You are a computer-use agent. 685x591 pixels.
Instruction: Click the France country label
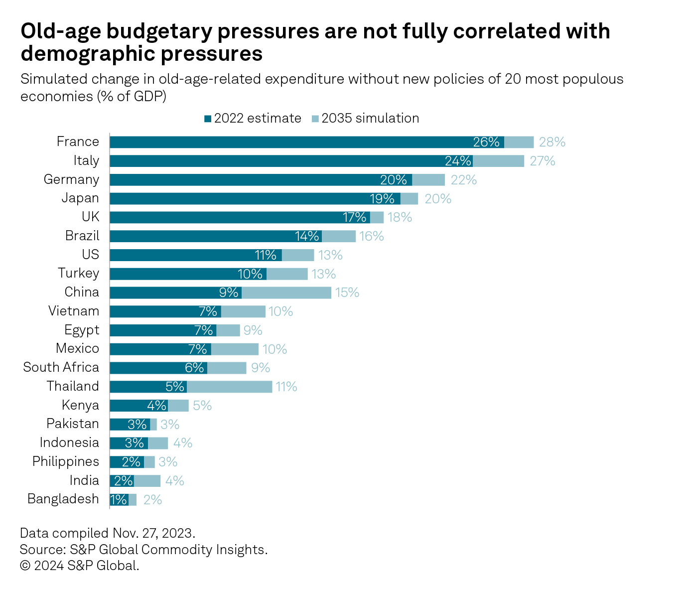pyautogui.click(x=78, y=142)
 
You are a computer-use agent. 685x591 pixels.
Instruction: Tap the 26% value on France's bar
pyautogui.click(x=486, y=142)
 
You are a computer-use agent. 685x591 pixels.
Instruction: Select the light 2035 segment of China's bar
pyautogui.click(x=286, y=293)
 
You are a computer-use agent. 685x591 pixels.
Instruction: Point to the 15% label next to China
pyautogui.click(x=347, y=293)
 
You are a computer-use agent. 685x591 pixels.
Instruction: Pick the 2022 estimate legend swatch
pyautogui.click(x=208, y=119)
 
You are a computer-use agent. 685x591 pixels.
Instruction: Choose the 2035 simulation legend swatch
pyautogui.click(x=315, y=119)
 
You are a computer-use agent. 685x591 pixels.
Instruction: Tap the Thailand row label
pyautogui.click(x=73, y=386)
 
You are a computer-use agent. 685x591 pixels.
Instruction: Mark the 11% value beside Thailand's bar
pyautogui.click(x=286, y=387)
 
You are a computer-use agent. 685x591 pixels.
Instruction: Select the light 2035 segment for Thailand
pyautogui.click(x=229, y=387)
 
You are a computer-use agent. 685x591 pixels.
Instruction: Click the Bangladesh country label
pyautogui.click(x=63, y=499)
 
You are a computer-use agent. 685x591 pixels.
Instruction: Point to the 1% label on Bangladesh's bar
pyautogui.click(x=119, y=499)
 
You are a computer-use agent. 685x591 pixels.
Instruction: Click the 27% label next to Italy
pyautogui.click(x=542, y=161)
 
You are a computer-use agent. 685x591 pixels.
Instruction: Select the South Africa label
pyautogui.click(x=61, y=367)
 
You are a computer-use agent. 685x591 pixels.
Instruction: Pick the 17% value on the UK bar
pyautogui.click(x=355, y=217)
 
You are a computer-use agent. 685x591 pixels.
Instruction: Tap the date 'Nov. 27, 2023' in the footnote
pyautogui.click(x=153, y=533)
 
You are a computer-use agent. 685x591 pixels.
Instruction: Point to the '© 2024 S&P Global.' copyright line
pyautogui.click(x=80, y=566)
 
